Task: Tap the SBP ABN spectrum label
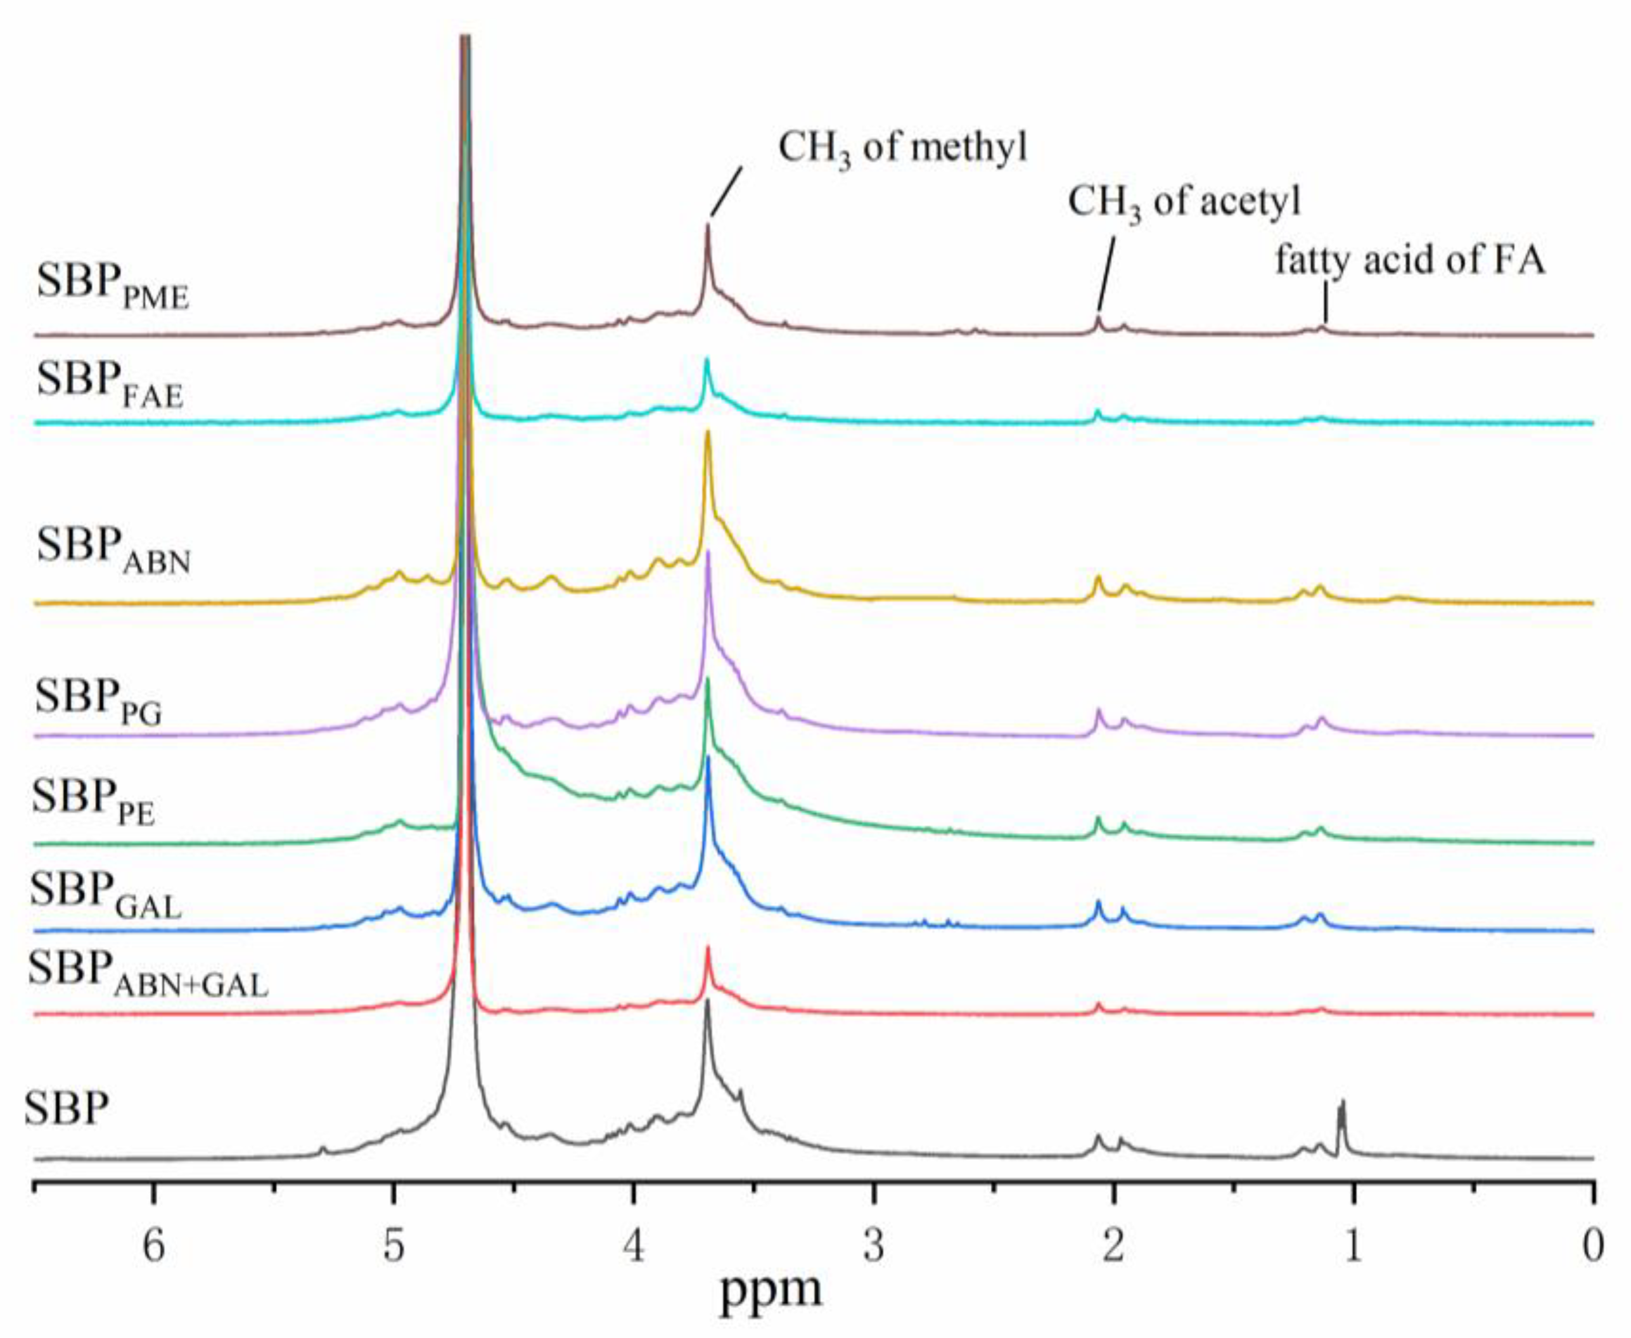pos(113,549)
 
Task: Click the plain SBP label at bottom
pos(67,1110)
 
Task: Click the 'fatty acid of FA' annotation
pos(1410,260)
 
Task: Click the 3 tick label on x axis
pos(873,1246)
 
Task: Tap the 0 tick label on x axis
pos(1592,1246)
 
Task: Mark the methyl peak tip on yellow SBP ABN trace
pos(708,434)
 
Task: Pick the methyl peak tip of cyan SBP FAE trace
pos(706,360)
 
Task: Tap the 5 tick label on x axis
pos(394,1246)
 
